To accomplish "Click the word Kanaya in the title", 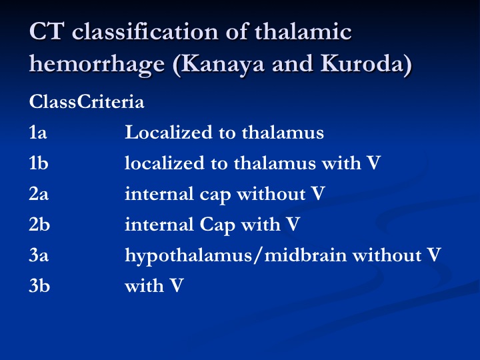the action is pyautogui.click(x=223, y=64).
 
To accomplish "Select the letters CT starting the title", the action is pyautogui.click(x=47, y=31).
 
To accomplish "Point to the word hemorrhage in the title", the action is pyautogui.click(x=97, y=64).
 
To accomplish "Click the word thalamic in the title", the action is pyautogui.click(x=303, y=31).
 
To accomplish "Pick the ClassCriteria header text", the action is pyautogui.click(x=87, y=101).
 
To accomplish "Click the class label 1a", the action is pyautogui.click(x=38, y=132).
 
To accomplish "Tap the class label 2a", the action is pyautogui.click(x=39, y=193).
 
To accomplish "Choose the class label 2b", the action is pyautogui.click(x=39, y=224).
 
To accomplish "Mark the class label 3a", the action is pyautogui.click(x=39, y=255).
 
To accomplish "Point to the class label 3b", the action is pyautogui.click(x=39, y=285).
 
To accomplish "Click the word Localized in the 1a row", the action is pyautogui.click(x=169, y=132).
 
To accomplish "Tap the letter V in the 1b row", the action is pyautogui.click(x=373, y=163).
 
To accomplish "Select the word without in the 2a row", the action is pyautogui.click(x=271, y=193).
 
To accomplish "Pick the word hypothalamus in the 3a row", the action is pyautogui.click(x=189, y=255).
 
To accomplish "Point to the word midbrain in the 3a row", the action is pyautogui.click(x=305, y=255).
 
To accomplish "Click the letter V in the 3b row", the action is pyautogui.click(x=176, y=285).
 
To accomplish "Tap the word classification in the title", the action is pyautogui.click(x=145, y=31).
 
